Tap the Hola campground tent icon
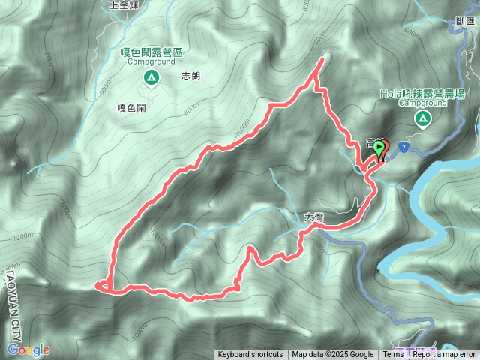click(x=422, y=118)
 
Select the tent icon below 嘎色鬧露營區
click(x=151, y=77)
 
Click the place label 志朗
click(x=190, y=76)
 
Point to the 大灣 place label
click(x=313, y=217)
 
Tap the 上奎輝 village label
click(x=124, y=4)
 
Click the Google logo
click(x=28, y=349)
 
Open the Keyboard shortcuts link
click(x=250, y=355)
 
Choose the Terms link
click(x=393, y=355)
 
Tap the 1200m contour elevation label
click(x=23, y=236)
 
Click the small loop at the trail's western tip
click(x=103, y=285)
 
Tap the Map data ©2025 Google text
click(x=333, y=355)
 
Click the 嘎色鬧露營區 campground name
click(x=152, y=52)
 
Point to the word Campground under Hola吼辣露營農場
click(x=421, y=103)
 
